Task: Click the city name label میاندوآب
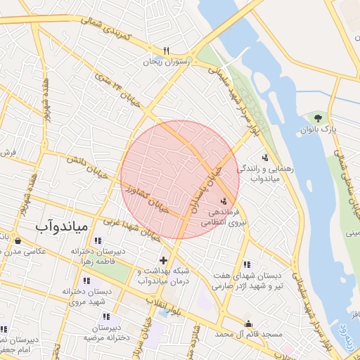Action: (61, 226)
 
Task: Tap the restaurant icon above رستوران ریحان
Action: (167, 51)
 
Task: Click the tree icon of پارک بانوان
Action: (319, 117)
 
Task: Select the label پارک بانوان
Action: (324, 130)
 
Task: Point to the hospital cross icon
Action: (164, 260)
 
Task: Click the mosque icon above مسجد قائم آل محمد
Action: (248, 323)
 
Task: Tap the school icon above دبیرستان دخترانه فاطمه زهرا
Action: (96, 241)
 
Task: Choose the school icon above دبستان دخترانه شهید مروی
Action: (87, 281)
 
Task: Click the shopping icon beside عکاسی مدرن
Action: (16, 240)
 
